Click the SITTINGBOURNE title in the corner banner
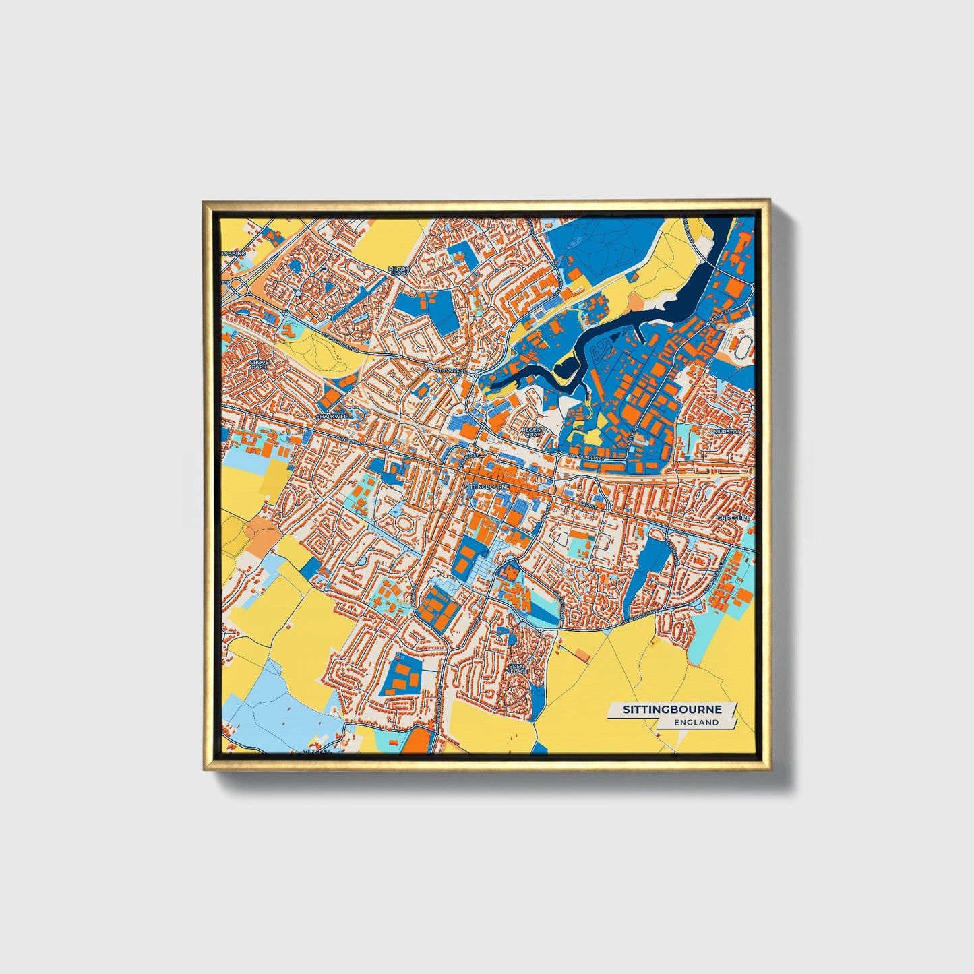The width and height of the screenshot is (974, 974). coord(671,710)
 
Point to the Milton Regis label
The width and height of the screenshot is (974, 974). coord(398,271)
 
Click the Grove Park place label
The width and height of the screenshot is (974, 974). coord(259,365)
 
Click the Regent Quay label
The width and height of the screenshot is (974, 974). coord(532,432)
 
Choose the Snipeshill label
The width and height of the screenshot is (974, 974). coord(733,518)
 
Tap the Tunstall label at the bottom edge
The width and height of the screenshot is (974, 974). coord(317,750)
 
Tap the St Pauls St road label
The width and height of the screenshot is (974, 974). coord(450,370)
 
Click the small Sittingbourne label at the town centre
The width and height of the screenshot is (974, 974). coord(485,486)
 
